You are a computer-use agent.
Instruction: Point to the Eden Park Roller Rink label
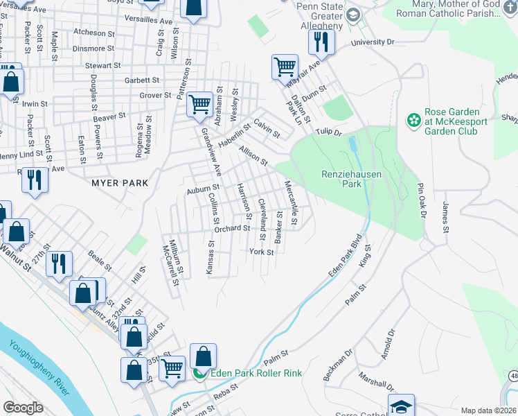(x=256, y=373)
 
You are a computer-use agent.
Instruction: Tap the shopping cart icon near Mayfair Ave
(x=285, y=67)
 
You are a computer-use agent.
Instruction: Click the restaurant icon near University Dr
(x=321, y=42)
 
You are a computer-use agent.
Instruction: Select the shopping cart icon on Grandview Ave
(x=199, y=105)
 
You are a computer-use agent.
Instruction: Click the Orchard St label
(x=231, y=228)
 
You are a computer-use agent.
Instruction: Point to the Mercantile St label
(x=291, y=203)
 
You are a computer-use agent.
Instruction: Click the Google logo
(x=23, y=408)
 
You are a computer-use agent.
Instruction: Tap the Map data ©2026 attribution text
(x=489, y=410)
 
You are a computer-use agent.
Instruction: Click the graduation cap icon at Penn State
(x=352, y=15)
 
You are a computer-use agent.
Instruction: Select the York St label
(x=261, y=252)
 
